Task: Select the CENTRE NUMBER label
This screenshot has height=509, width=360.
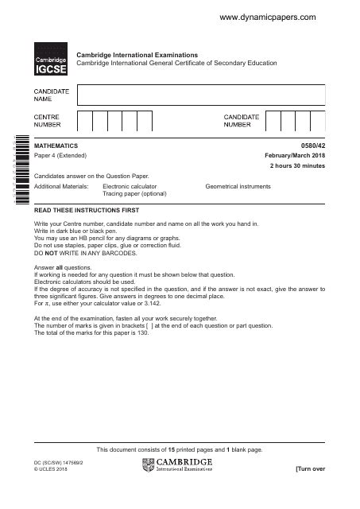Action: pyautogui.click(x=47, y=121)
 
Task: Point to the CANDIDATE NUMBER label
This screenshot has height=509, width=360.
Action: pyautogui.click(x=242, y=121)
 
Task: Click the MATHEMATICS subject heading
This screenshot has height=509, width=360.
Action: pyautogui.click(x=57, y=146)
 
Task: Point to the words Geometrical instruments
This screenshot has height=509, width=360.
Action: pyautogui.click(x=238, y=186)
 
